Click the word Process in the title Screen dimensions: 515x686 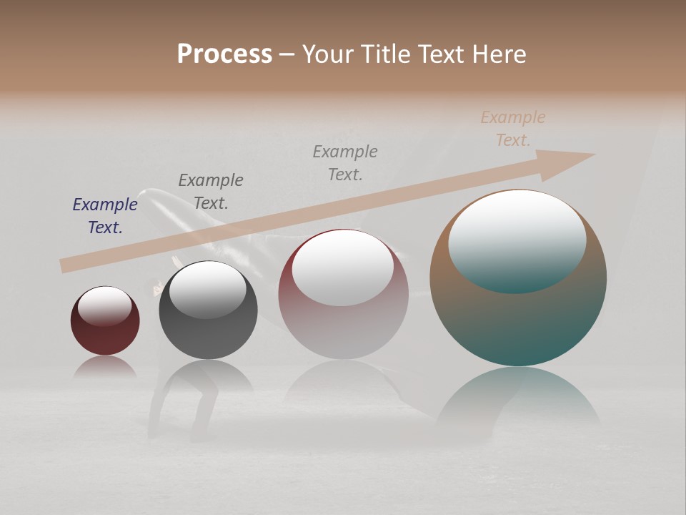click(x=224, y=54)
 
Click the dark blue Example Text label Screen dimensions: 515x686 click(x=105, y=215)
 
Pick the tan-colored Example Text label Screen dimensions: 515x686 click(x=513, y=128)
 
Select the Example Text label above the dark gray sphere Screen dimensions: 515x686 click(x=211, y=191)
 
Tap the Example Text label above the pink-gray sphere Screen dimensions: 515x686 click(x=345, y=162)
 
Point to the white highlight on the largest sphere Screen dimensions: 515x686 click(x=517, y=232)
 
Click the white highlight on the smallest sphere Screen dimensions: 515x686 click(x=104, y=305)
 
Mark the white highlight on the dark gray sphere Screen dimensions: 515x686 click(x=207, y=288)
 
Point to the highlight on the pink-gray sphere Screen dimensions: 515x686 click(x=343, y=266)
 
